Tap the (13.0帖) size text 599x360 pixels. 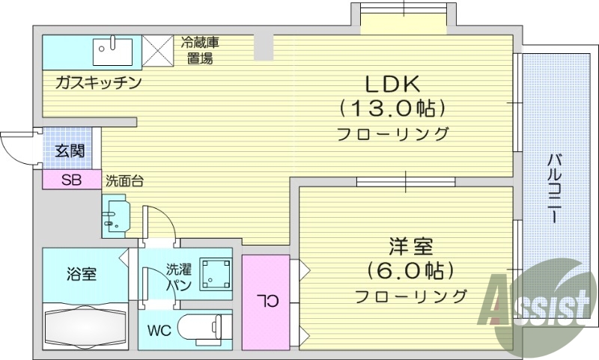tap(394, 109)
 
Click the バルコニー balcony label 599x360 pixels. tap(555, 187)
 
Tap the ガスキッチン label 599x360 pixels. tap(97, 83)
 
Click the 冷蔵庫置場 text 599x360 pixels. tap(200, 49)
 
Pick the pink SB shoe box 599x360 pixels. tap(72, 180)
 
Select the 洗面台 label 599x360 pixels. tap(124, 180)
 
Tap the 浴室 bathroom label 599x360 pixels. tap(82, 274)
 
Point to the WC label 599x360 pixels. tap(159, 329)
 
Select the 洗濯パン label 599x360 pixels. tap(179, 275)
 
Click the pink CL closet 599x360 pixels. tap(265, 301)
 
